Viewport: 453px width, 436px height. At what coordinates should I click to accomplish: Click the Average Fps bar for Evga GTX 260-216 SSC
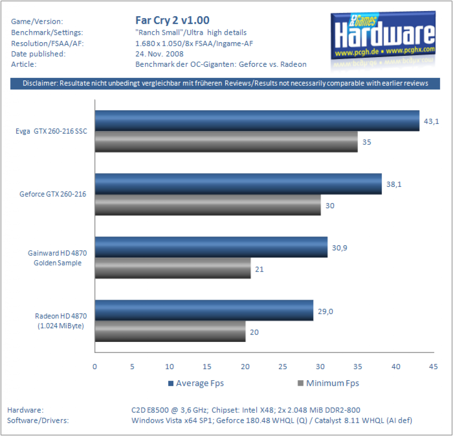257,121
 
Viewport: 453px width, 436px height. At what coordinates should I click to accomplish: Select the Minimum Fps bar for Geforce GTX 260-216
208,205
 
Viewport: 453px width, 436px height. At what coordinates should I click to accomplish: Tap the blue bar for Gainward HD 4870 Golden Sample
211,247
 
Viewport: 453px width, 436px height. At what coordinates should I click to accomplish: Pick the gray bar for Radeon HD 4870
170,331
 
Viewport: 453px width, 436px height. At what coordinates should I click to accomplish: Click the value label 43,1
431,121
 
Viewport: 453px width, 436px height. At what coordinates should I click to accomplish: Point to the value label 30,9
340,248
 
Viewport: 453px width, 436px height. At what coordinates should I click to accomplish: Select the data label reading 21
259,269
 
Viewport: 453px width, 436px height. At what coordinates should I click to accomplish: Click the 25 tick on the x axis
283,367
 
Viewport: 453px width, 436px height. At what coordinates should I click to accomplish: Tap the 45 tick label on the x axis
433,367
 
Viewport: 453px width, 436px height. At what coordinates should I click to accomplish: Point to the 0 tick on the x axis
95,367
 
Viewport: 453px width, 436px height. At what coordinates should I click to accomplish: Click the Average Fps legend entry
196,383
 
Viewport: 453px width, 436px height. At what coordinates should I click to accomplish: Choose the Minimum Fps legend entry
328,383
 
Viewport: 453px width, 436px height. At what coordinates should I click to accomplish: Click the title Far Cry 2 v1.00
173,20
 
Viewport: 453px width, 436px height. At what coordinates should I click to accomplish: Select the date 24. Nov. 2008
159,54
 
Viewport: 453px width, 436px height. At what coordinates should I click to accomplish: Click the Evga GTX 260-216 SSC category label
51,131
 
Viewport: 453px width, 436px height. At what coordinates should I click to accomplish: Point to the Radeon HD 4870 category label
61,321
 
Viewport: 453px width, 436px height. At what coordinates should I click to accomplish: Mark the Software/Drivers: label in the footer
38,420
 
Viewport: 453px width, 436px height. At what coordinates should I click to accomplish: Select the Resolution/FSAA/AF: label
47,43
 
